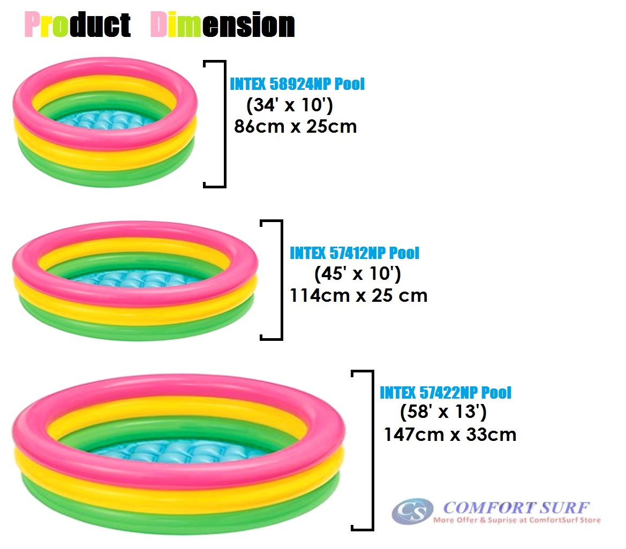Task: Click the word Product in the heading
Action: pos(78,25)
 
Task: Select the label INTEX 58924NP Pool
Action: pos(297,85)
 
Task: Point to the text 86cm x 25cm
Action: pos(296,127)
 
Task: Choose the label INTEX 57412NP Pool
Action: pos(355,253)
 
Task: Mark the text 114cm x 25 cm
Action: pos(359,295)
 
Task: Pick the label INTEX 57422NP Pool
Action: pos(446,393)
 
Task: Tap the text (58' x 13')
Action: pos(443,413)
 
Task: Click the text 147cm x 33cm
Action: pos(450,434)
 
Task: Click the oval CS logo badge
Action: pos(412,511)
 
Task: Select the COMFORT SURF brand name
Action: pos(516,507)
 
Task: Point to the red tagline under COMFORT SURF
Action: pos(516,520)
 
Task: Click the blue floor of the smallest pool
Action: pos(104,122)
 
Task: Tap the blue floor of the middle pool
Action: pos(134,278)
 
